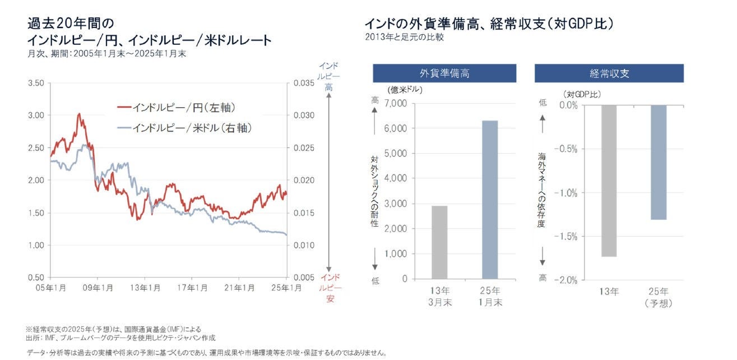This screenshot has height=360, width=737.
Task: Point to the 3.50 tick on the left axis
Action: (x=35, y=83)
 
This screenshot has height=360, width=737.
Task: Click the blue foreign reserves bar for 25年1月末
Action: (x=489, y=200)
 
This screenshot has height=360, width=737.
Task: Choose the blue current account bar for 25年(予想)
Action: (x=658, y=162)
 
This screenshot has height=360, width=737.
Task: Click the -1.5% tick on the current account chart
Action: (x=566, y=237)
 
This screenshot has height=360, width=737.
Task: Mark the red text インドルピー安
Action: (x=331, y=288)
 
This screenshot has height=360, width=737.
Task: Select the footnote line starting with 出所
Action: (x=120, y=338)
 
